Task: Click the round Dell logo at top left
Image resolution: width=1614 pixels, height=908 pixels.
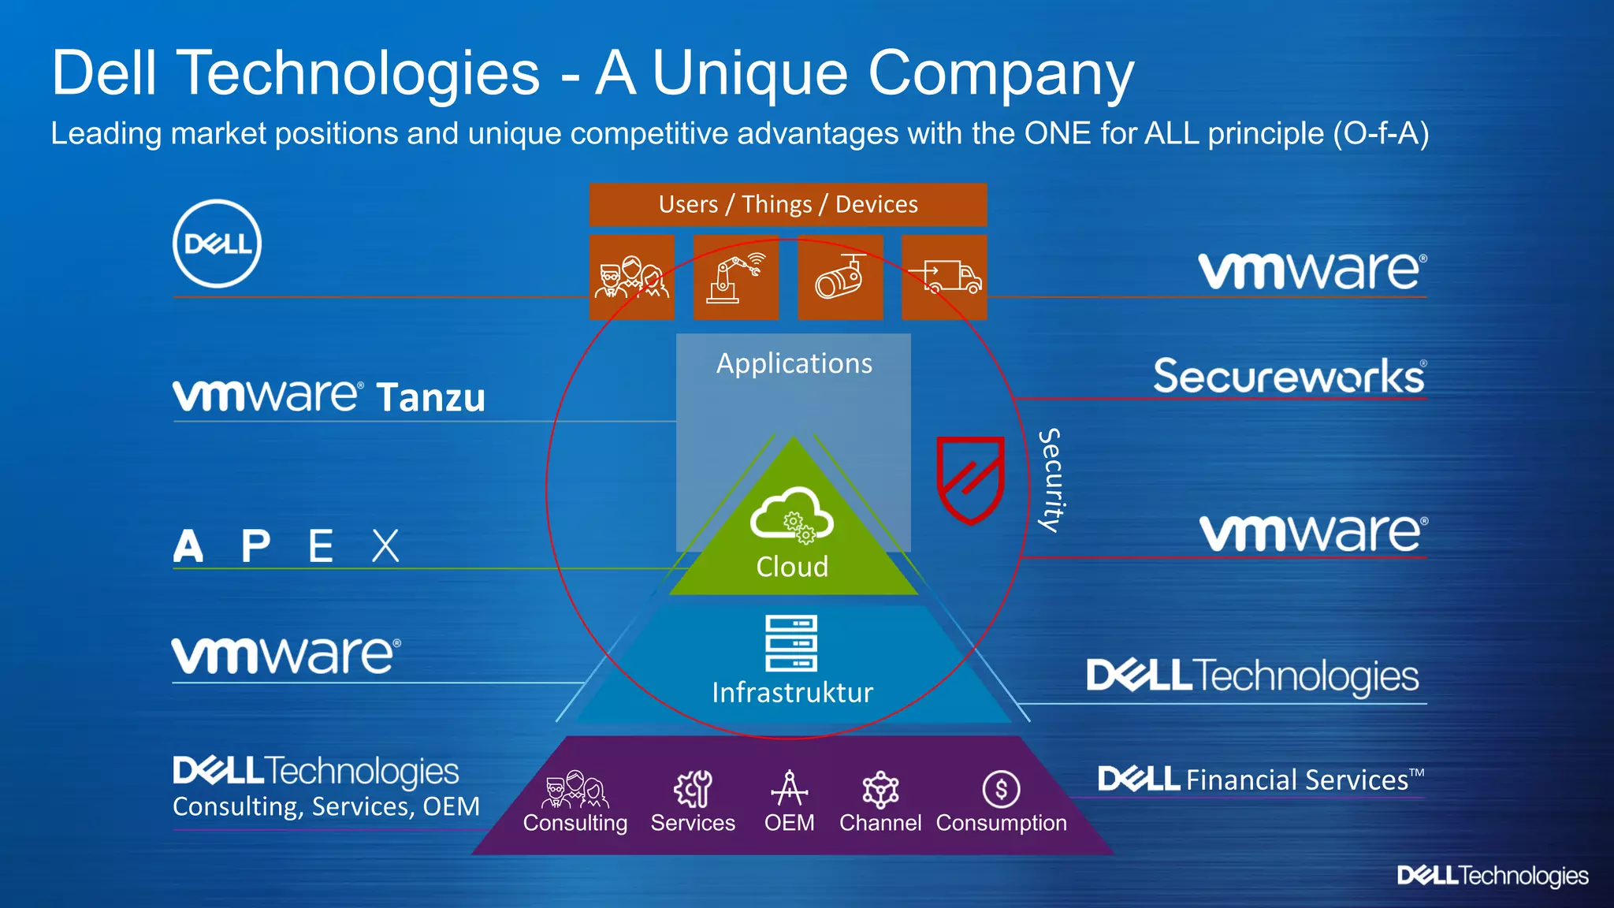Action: pos(217,244)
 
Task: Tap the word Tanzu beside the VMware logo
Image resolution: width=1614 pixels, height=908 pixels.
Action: pos(430,398)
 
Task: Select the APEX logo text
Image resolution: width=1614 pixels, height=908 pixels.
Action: pos(286,545)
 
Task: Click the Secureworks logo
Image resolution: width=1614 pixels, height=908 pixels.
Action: pos(1289,376)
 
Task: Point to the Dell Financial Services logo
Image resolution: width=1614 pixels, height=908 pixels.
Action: pos(1260,780)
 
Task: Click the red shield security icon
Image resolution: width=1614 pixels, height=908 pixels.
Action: pos(970,479)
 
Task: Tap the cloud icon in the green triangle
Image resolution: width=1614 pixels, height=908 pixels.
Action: pos(791,515)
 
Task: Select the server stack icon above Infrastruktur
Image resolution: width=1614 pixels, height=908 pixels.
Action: pos(791,642)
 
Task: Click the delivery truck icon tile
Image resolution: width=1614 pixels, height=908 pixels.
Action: pos(944,277)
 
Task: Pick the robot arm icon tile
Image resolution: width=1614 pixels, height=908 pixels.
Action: pos(736,277)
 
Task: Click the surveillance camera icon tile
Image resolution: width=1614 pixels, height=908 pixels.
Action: pos(840,277)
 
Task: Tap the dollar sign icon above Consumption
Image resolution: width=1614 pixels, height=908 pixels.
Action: pos(1001,789)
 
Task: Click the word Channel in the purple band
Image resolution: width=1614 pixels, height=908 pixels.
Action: pos(880,823)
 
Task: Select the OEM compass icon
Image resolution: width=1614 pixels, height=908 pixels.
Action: pos(789,789)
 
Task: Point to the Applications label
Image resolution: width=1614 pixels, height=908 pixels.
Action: pos(794,363)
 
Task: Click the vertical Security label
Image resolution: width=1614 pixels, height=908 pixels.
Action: pos(1051,480)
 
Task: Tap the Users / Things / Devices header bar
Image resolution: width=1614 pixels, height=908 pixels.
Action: pos(788,204)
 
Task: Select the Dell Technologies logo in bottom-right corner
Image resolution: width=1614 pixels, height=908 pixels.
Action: pos(1493,876)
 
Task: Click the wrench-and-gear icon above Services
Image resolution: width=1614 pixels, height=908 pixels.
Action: pos(693,789)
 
